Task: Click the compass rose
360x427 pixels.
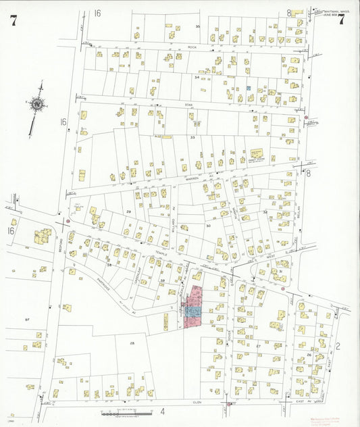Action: [x=38, y=104]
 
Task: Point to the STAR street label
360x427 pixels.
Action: [x=189, y=105]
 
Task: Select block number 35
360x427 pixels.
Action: [x=198, y=26]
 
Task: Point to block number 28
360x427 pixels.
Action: [x=132, y=343]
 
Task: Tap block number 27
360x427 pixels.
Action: [x=259, y=345]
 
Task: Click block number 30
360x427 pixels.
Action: [x=209, y=226]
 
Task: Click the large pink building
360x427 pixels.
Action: [x=195, y=306]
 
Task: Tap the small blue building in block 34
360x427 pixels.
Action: [x=249, y=88]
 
